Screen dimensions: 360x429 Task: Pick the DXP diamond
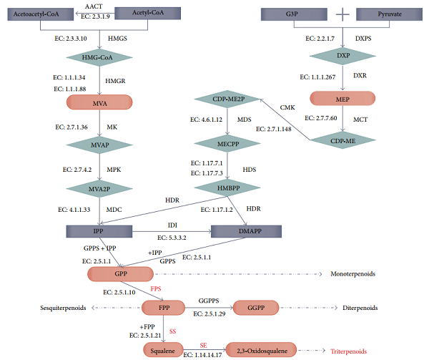point(343,55)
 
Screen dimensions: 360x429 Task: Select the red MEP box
point(343,97)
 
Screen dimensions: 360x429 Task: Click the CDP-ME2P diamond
point(227,99)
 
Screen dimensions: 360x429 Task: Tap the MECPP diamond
point(227,142)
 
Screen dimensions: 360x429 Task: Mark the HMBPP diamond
point(227,188)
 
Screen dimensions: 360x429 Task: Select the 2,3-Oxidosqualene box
point(262,351)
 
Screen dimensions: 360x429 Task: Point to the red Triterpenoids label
point(348,351)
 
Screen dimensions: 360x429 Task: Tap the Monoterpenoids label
point(353,274)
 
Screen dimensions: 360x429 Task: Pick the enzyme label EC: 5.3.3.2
point(173,237)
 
